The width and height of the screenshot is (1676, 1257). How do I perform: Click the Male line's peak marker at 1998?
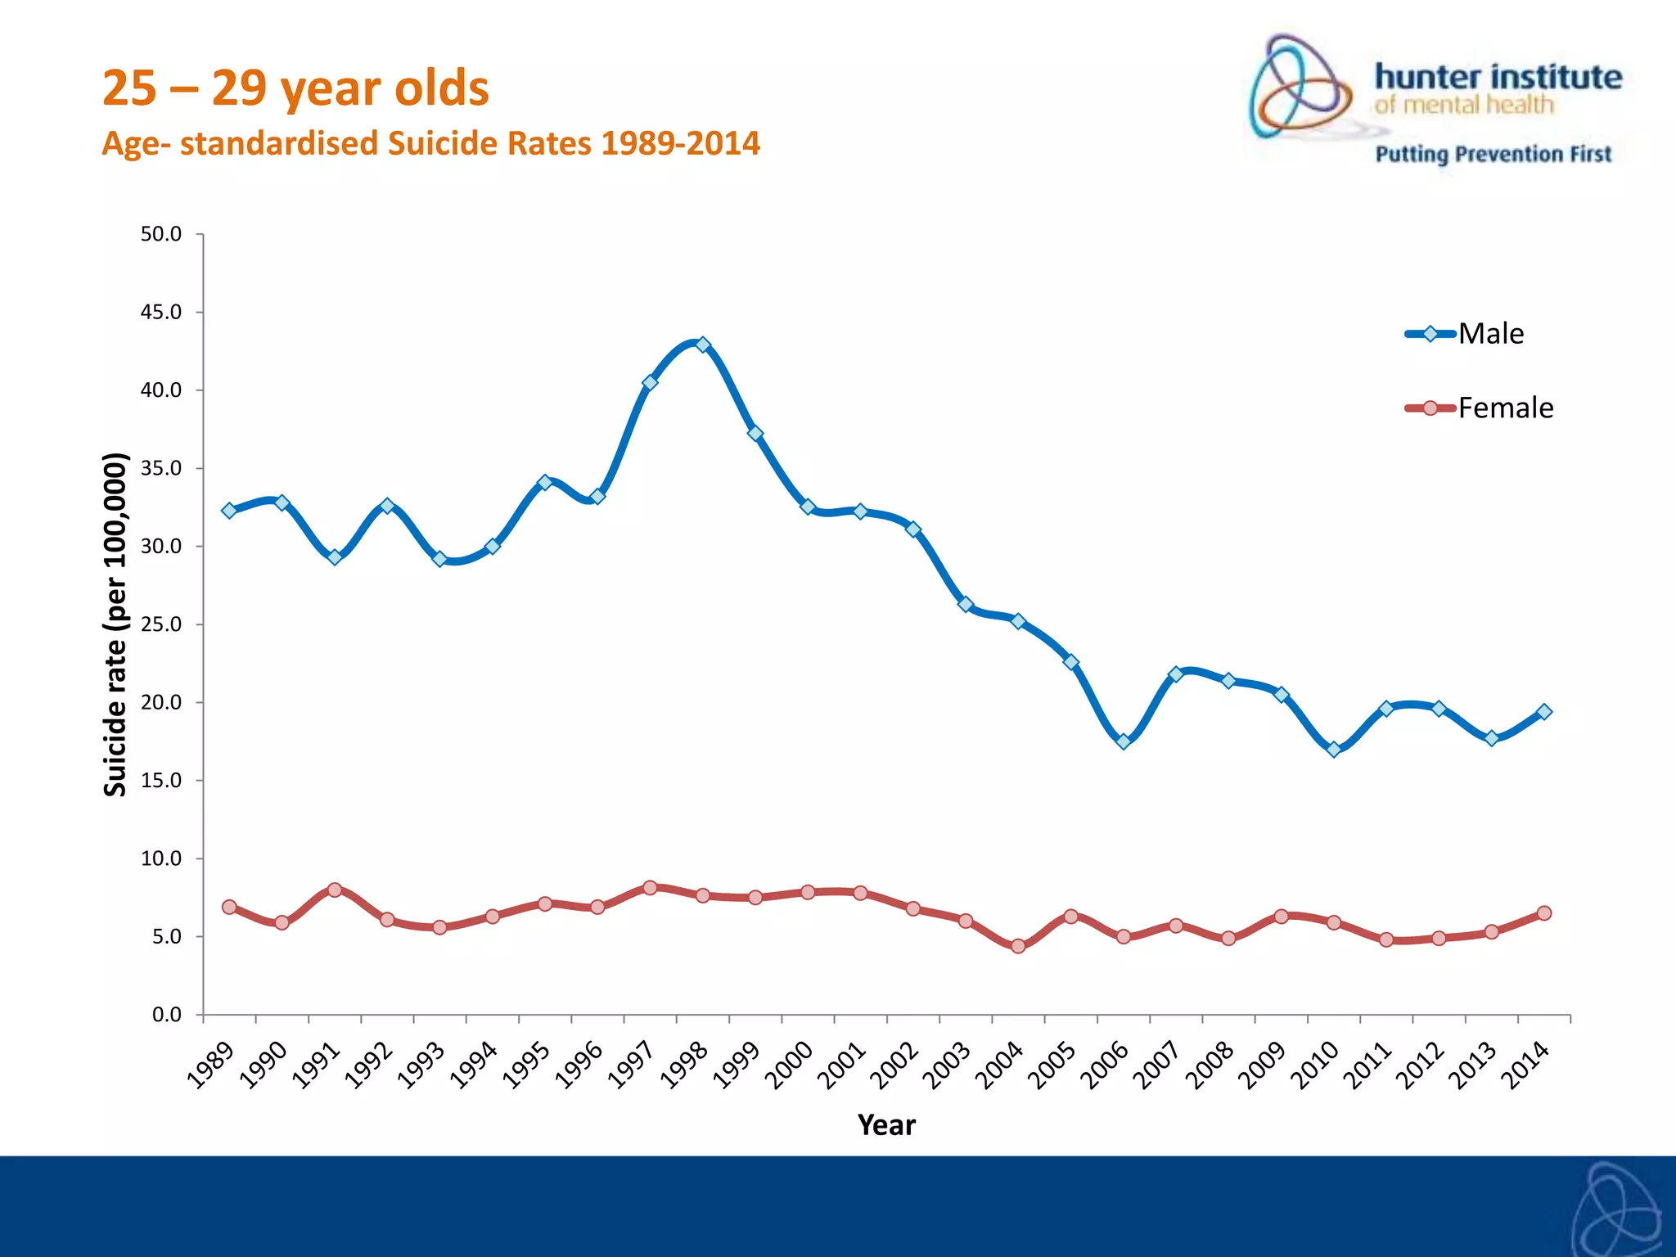tap(702, 345)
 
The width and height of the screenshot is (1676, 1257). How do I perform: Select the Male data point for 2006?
tap(1123, 741)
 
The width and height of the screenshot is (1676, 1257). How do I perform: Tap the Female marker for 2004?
tap(1018, 946)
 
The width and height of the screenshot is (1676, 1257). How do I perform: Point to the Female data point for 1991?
tap(334, 890)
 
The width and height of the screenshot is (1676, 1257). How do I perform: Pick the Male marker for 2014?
tap(1543, 712)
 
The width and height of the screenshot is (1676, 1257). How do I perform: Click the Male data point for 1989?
tap(229, 511)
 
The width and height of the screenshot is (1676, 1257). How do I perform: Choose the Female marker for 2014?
tap(1543, 913)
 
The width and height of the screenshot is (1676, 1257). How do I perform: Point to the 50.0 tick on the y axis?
tap(161, 235)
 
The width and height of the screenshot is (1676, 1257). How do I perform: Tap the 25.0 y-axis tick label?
tap(161, 624)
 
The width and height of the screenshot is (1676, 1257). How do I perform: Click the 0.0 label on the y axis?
tap(166, 1015)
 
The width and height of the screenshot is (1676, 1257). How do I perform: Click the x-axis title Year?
tap(886, 1125)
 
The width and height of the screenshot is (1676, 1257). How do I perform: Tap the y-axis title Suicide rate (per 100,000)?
tap(115, 624)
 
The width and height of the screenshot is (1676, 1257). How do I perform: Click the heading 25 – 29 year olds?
tap(295, 88)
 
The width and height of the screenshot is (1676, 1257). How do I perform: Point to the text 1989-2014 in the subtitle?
tap(680, 144)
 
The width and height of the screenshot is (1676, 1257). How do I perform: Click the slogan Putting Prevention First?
tap(1493, 154)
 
